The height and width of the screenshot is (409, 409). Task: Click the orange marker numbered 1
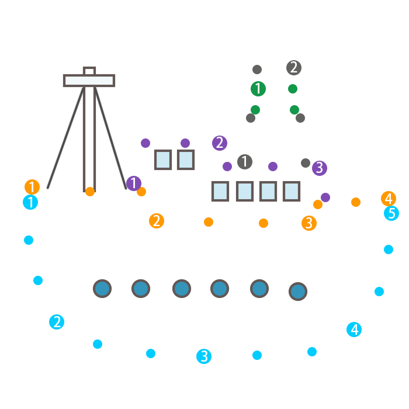point(32,187)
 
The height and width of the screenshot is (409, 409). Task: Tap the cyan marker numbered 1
point(30,203)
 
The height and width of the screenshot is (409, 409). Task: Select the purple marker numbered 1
point(134,183)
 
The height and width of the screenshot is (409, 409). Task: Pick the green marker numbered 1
point(258,89)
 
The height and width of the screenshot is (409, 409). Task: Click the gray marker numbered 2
point(294,68)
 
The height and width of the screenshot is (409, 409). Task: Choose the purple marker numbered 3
point(320,168)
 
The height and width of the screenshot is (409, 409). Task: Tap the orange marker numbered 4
point(389,199)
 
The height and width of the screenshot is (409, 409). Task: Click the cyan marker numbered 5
point(391,213)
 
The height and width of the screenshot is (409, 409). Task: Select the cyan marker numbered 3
point(203,356)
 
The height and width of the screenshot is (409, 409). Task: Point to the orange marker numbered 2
point(157,221)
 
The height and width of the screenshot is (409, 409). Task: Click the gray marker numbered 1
point(245,162)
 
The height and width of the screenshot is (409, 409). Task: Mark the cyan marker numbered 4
point(354,330)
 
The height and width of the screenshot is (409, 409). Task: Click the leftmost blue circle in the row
point(102,289)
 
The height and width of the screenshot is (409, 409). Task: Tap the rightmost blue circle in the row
point(298,291)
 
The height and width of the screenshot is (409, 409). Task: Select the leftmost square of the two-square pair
point(163,160)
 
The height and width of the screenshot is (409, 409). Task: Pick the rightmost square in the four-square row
point(292,191)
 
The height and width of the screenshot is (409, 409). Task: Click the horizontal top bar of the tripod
point(89,81)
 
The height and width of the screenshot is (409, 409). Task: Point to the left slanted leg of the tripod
point(65,138)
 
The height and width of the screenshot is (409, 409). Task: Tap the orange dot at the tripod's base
point(90,192)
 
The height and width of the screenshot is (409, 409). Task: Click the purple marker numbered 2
point(220,143)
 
